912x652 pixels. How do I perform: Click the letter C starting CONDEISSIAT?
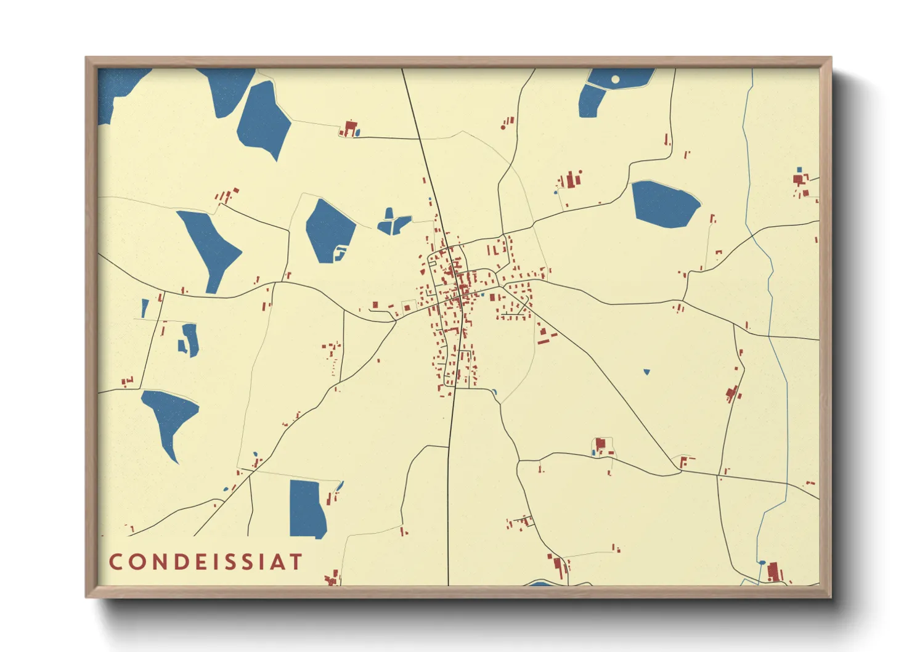[x=115, y=562]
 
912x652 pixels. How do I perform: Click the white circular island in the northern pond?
[x=615, y=79]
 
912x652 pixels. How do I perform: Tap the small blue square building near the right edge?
[x=799, y=169]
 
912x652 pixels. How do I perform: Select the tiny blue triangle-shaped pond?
[x=646, y=372]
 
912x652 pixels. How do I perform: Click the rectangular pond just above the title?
[x=307, y=508]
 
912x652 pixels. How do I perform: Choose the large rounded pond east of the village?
[x=664, y=204]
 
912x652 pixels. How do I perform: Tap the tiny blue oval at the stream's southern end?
[x=762, y=562]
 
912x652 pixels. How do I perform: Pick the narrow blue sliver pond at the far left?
[x=145, y=308]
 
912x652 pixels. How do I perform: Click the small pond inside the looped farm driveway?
[x=594, y=453]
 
